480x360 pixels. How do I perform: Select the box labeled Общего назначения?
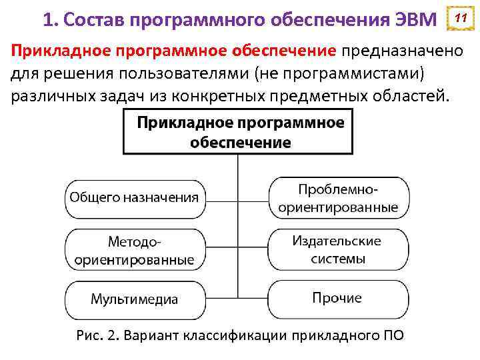coord(135,197)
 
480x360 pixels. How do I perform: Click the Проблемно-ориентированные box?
coord(338,198)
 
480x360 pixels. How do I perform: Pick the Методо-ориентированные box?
coord(135,249)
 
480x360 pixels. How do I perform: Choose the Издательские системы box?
coord(338,249)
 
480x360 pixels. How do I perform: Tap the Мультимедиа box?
coord(135,299)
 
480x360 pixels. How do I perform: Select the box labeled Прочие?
coord(338,299)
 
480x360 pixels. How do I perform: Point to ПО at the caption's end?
coord(391,334)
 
